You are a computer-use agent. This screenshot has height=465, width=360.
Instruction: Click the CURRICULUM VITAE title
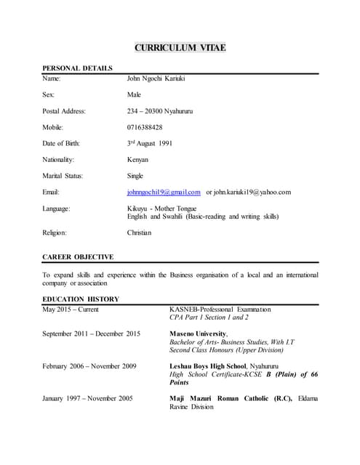click(x=180, y=48)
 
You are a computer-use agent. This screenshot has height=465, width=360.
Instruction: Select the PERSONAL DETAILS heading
click(x=77, y=68)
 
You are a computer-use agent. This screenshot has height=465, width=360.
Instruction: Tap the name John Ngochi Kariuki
click(x=161, y=78)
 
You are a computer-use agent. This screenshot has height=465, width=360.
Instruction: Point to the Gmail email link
click(x=163, y=192)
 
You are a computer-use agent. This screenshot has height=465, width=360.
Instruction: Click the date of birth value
click(x=150, y=143)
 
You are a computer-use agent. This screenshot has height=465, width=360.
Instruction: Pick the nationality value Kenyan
click(x=137, y=159)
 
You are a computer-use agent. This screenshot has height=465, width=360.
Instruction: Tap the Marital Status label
click(x=63, y=176)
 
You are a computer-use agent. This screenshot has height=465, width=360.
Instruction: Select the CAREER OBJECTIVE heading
click(x=78, y=257)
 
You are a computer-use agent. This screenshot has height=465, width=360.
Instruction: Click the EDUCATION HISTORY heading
click(x=81, y=299)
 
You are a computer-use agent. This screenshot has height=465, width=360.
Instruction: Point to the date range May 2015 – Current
click(x=71, y=310)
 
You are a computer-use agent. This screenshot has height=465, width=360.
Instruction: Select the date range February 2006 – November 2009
click(x=89, y=365)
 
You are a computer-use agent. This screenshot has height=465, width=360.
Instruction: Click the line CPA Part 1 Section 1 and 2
click(x=209, y=318)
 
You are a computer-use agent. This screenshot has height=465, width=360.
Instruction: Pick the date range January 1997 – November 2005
click(x=87, y=398)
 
